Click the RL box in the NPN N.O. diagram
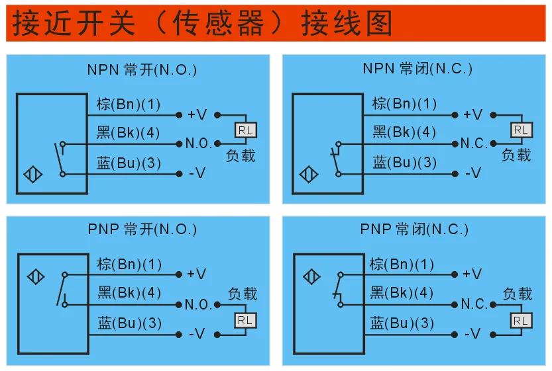tap(245, 130)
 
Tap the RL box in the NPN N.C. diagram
tap(522, 130)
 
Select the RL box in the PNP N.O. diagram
tap(245, 320)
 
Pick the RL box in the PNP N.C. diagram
tap(522, 320)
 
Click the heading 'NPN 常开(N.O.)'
tap(142, 69)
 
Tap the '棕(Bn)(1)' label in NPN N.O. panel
tap(128, 104)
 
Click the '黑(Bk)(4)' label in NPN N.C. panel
tap(404, 132)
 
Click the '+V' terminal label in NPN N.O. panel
tap(197, 114)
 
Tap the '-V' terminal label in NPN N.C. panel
tap(472, 173)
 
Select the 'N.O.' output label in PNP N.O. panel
tap(197, 305)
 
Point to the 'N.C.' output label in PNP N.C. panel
tap(474, 304)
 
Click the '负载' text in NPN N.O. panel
tap(241, 156)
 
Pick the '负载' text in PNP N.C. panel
tap(517, 294)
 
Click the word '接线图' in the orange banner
tap(347, 24)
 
